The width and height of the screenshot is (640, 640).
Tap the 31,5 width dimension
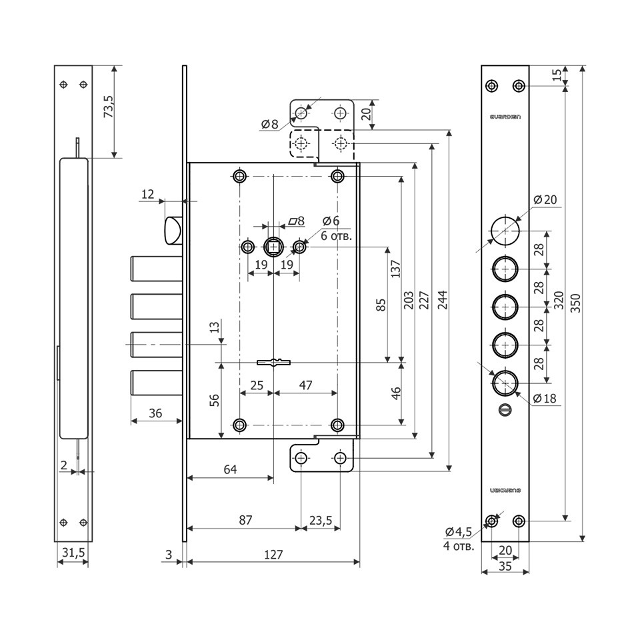pos(72,552)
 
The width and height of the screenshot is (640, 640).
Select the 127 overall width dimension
pos(273,554)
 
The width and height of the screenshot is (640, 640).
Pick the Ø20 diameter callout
pos(545,200)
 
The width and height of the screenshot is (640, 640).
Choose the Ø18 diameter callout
pos(545,399)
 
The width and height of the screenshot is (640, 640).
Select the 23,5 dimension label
pos(321,520)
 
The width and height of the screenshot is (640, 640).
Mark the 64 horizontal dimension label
pos(230,470)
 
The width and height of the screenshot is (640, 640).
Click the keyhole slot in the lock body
pos(273,363)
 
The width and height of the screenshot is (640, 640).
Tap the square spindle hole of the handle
pos(273,247)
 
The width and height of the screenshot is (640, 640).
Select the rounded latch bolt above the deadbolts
pos(173,229)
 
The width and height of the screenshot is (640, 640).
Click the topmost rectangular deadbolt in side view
pos(155,269)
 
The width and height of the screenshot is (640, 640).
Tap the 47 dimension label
pos(305,385)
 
